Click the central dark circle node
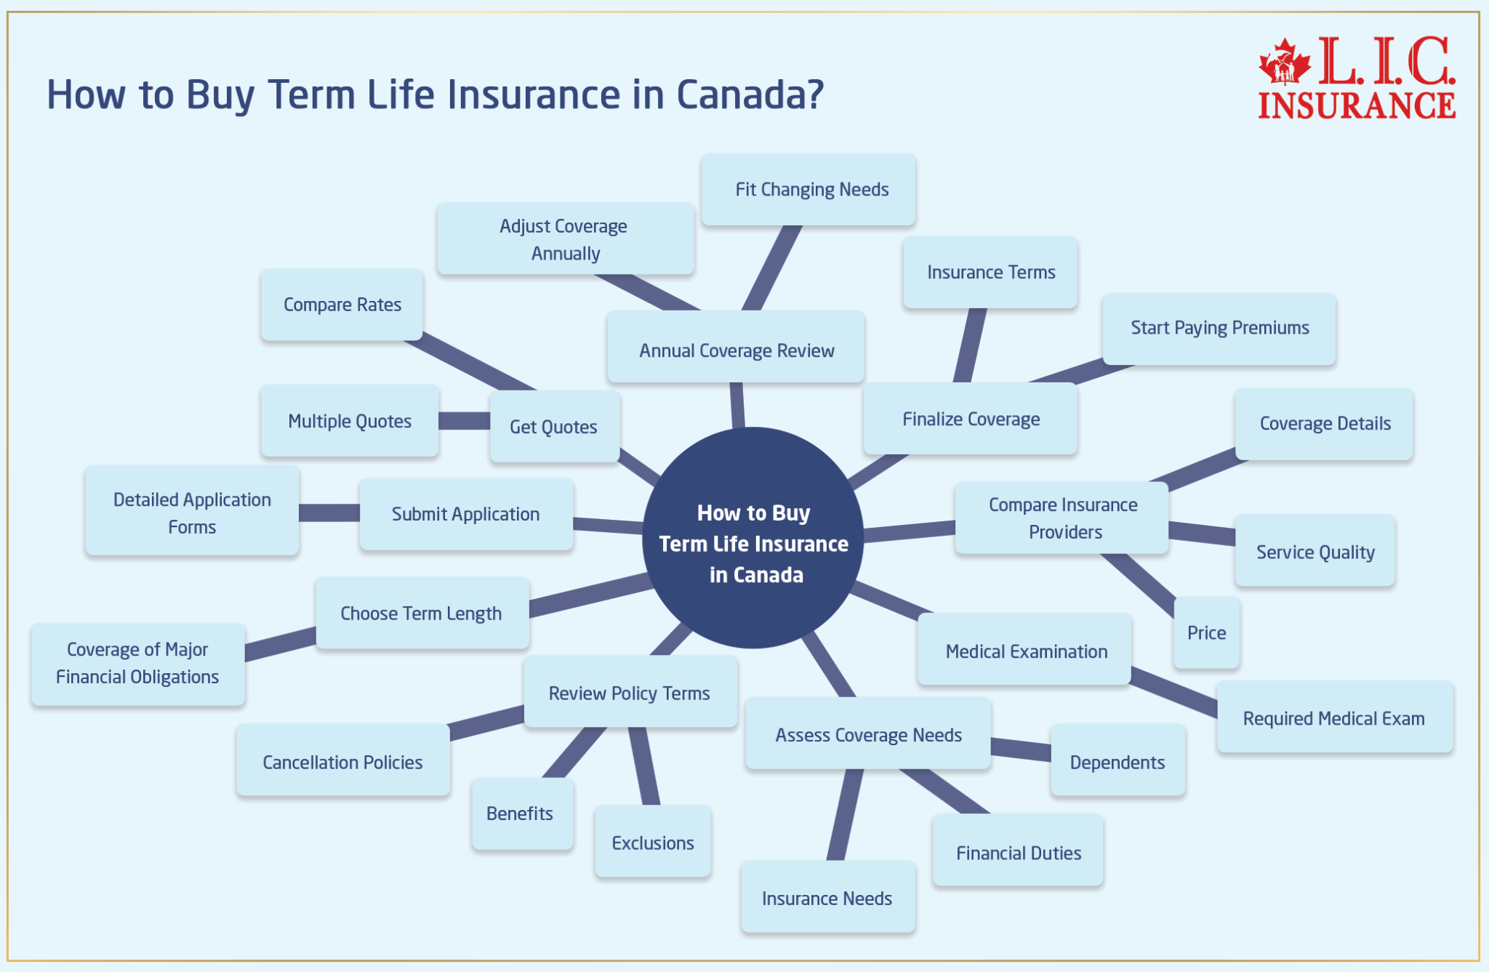coord(753,538)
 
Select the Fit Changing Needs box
coord(808,190)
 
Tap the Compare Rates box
coord(342,305)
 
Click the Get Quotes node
coord(554,427)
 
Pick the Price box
coord(1206,632)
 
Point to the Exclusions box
coord(652,842)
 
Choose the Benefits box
coord(521,814)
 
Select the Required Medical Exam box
coord(1334,718)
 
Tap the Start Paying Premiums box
coord(1219,329)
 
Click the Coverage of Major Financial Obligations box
coord(138,663)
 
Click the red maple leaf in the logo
coord(1285,61)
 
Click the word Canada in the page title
coord(749,95)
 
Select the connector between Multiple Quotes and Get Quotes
coord(464,421)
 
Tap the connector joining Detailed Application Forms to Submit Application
coord(329,513)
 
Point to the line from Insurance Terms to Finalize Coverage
coord(969,345)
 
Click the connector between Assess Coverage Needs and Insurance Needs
coord(845,814)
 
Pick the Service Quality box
coord(1315,551)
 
